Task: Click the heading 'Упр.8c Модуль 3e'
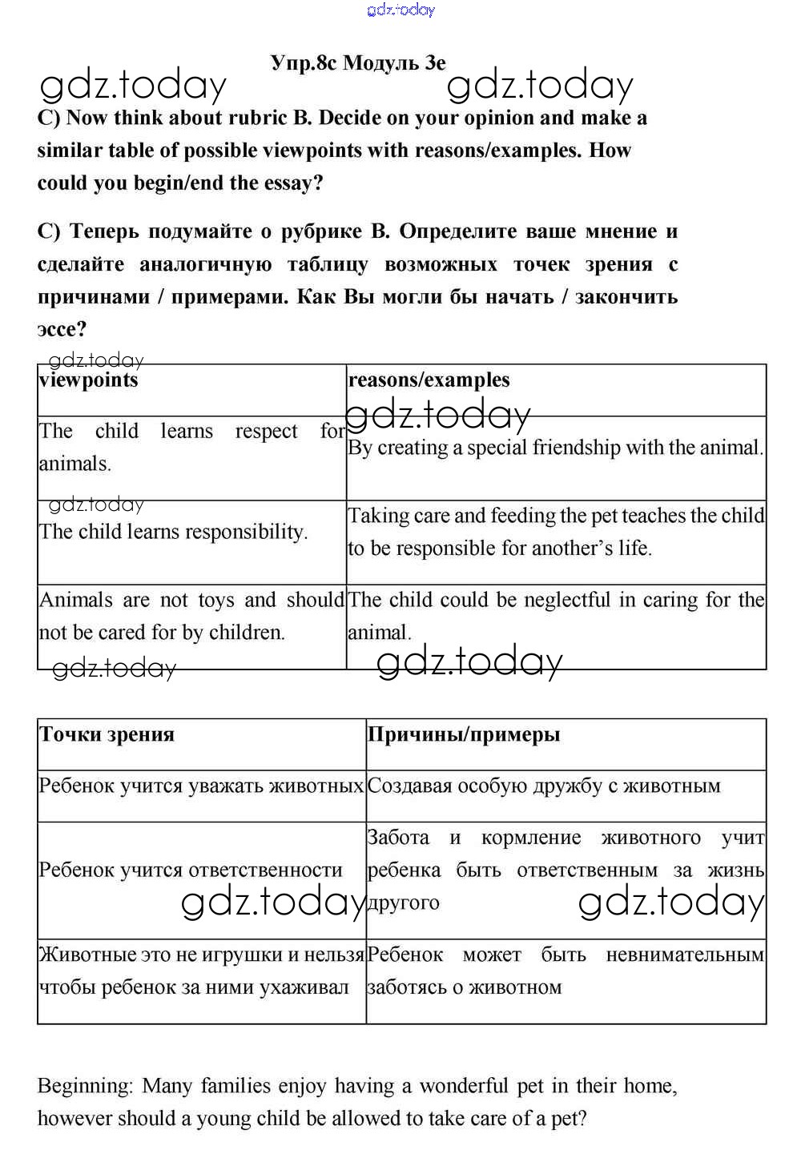pos(358,62)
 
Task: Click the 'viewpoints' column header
pos(88,380)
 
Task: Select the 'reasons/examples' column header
pos(429,380)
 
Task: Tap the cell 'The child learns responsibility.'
pos(173,532)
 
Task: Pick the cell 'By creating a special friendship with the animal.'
pos(554,447)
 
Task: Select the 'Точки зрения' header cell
pos(107,734)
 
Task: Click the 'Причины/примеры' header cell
pos(464,734)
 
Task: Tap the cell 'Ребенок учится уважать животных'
pos(201,786)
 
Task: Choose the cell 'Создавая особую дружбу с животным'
pos(544,786)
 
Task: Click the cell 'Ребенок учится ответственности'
pos(191,870)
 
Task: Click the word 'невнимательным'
pos(684,955)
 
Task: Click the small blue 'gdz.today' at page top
pos(400,10)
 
